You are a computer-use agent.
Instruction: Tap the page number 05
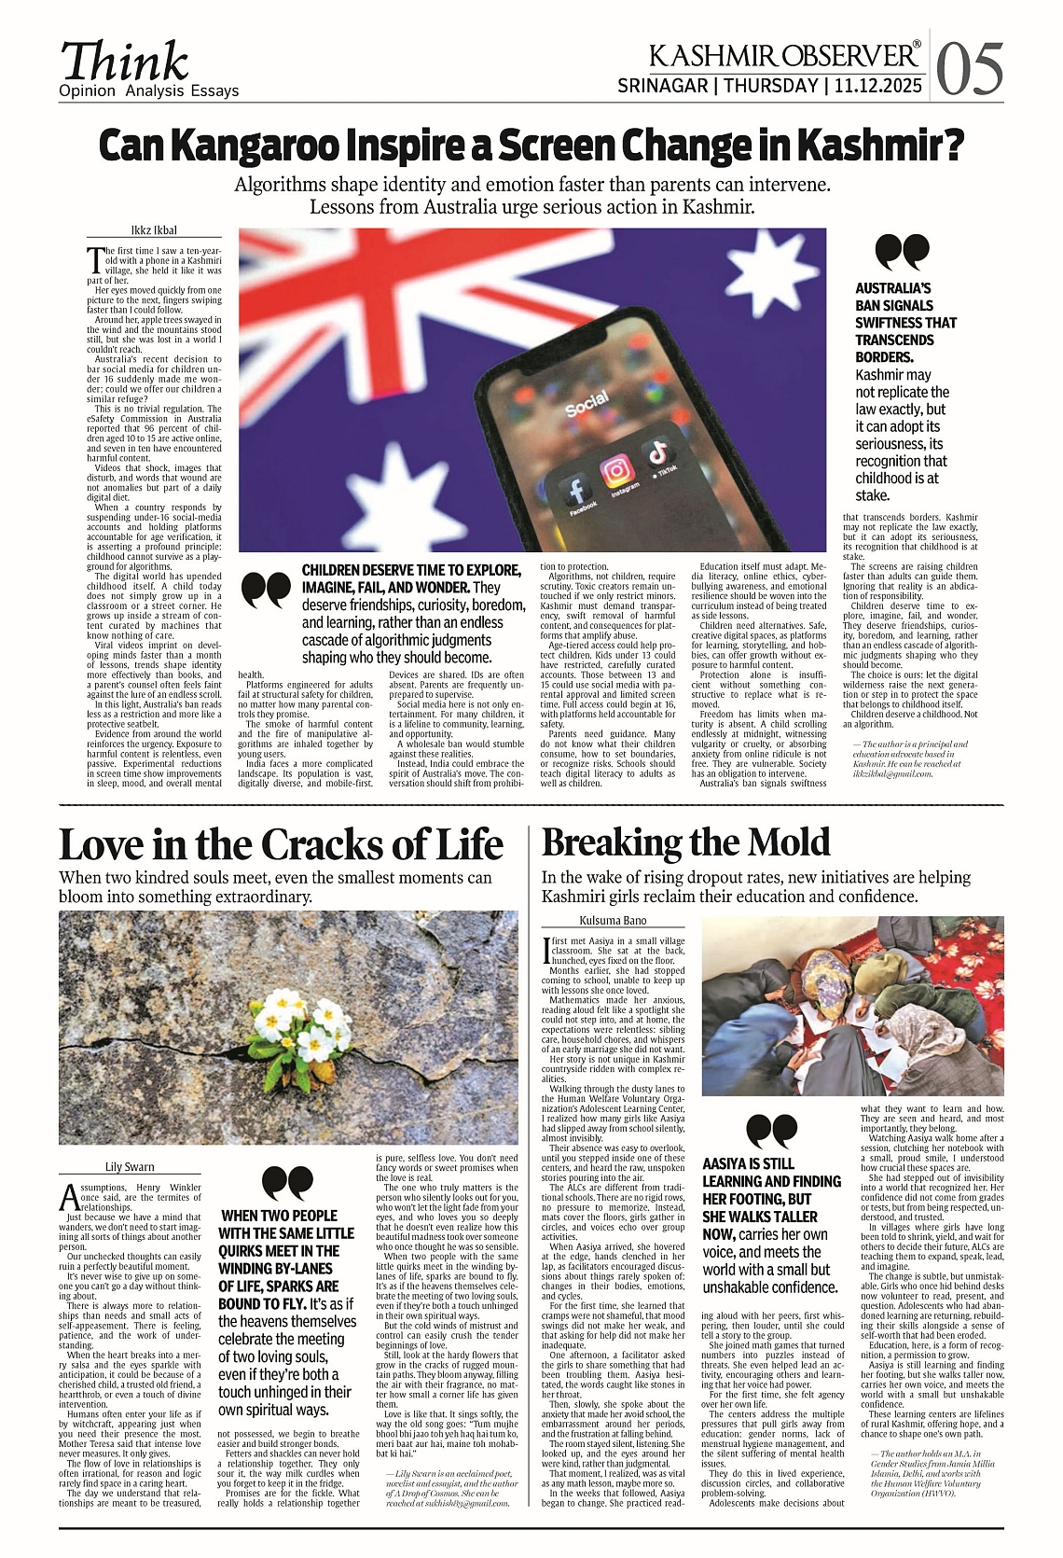(970, 70)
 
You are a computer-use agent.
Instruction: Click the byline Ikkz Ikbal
(154, 230)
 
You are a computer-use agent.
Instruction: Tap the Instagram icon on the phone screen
(616, 471)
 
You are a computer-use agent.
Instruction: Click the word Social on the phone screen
(587, 404)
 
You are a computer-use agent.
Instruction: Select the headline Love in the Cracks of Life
(281, 844)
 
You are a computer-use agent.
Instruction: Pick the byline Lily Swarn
(130, 1166)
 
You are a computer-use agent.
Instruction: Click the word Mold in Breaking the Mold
(780, 842)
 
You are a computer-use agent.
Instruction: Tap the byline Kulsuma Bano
(614, 920)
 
